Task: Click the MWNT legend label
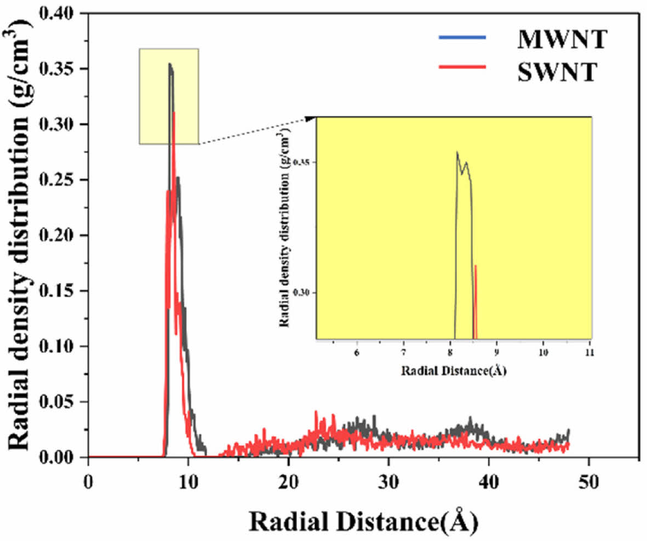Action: click(x=561, y=40)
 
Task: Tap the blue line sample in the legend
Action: click(x=462, y=37)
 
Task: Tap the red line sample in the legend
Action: click(x=462, y=67)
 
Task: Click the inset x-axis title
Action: click(x=454, y=371)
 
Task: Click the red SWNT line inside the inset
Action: click(x=476, y=301)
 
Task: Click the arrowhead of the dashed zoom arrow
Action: click(x=311, y=117)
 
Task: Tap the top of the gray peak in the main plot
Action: click(x=170, y=64)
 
